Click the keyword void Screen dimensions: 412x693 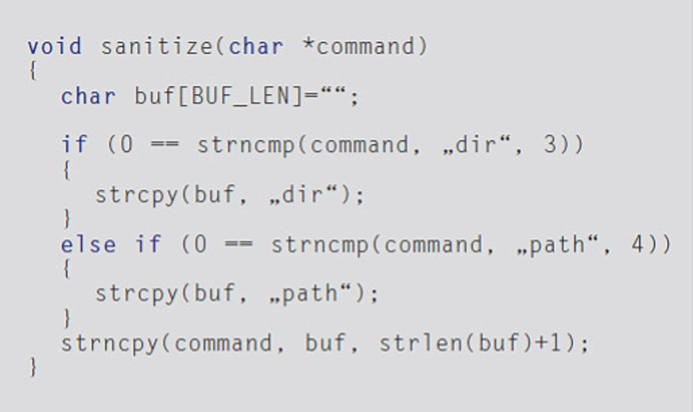55,46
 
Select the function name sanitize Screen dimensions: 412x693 158,46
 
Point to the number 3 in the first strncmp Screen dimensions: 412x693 551,145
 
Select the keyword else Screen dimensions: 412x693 88,244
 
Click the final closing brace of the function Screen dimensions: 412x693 33,368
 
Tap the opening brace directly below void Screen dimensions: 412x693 33,71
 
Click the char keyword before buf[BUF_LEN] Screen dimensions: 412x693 88,97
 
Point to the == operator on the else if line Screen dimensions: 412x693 238,244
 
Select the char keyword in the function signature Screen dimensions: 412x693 256,46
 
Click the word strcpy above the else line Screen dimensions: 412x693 136,195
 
